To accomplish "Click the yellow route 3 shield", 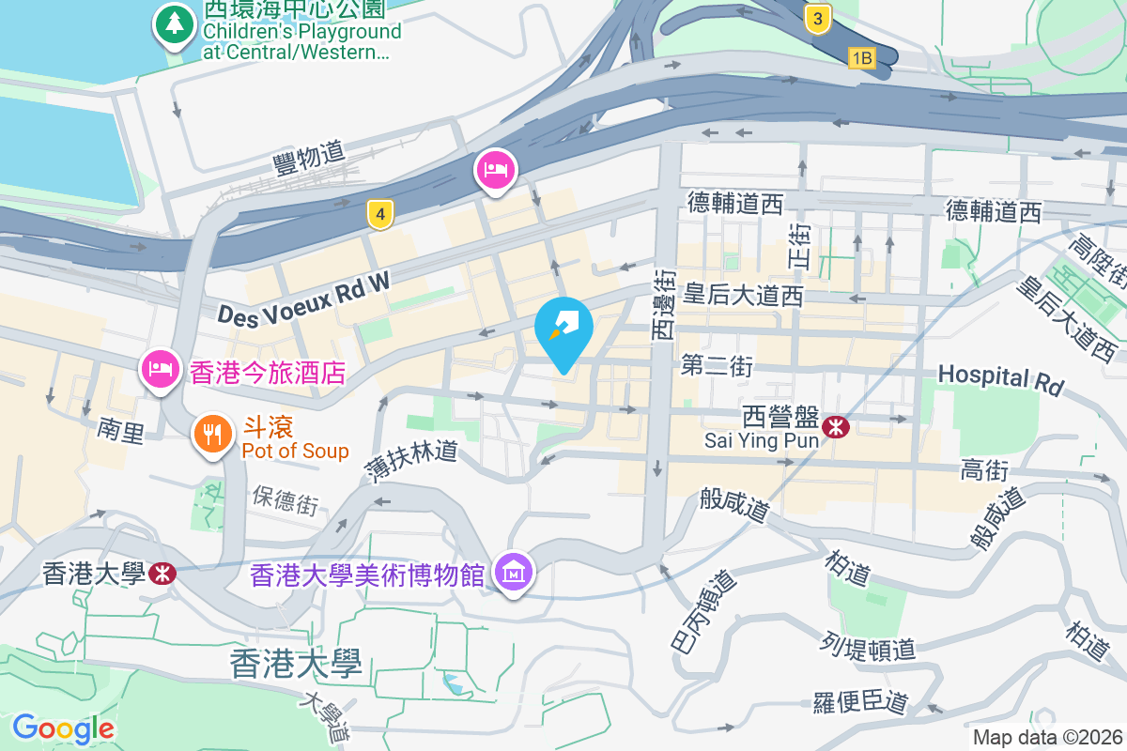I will pyautogui.click(x=819, y=18).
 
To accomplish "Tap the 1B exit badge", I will pyautogui.click(x=861, y=58).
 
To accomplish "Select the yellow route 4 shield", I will pyautogui.click(x=379, y=215).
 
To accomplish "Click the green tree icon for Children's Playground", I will pyautogui.click(x=174, y=26).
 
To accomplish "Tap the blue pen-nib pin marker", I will pyautogui.click(x=563, y=330).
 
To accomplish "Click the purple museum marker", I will pyautogui.click(x=515, y=571).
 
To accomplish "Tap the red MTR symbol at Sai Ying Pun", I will pyautogui.click(x=835, y=427).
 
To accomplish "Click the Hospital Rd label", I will pyautogui.click(x=1000, y=378).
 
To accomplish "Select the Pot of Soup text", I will pyautogui.click(x=295, y=451).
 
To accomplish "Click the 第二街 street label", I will pyautogui.click(x=717, y=365).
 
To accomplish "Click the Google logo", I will pyautogui.click(x=64, y=728).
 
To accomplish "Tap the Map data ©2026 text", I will pyautogui.click(x=1047, y=738).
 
